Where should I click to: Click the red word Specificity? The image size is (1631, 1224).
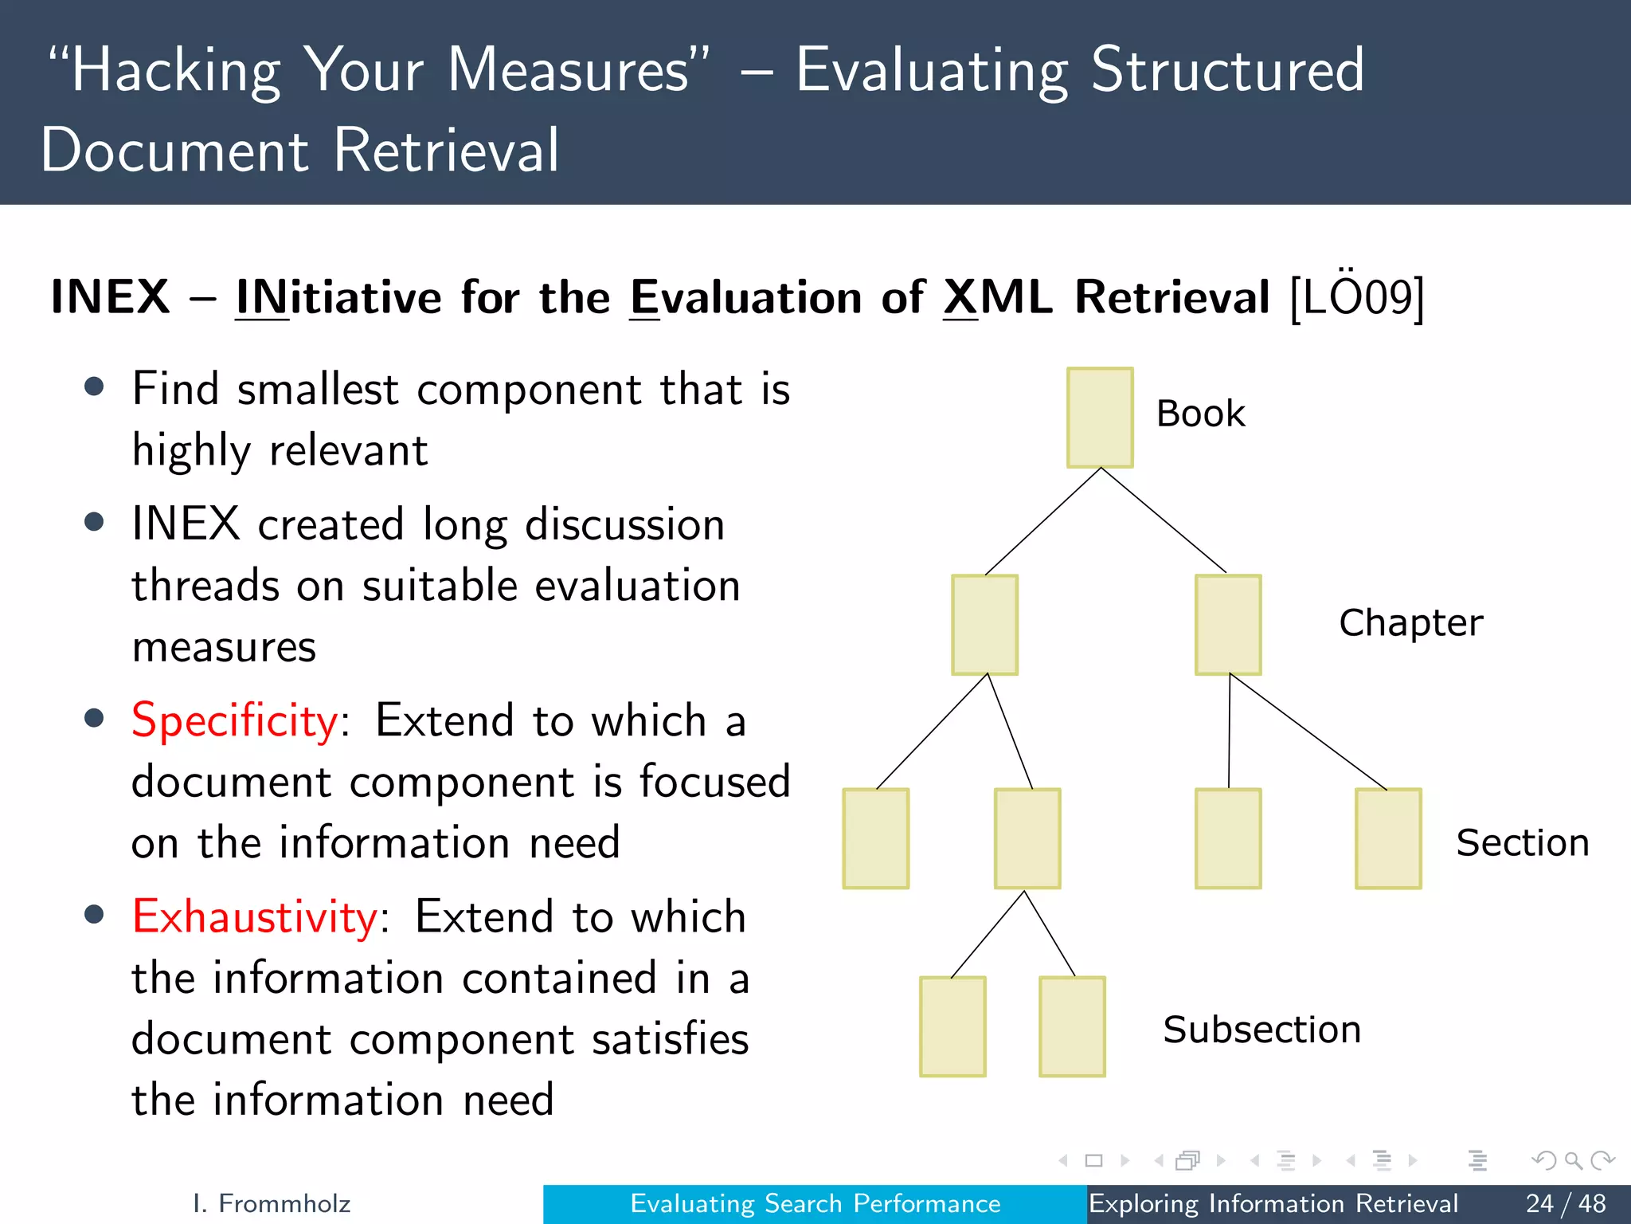pyautogui.click(x=235, y=721)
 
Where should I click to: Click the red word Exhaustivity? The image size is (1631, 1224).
pyautogui.click(x=254, y=917)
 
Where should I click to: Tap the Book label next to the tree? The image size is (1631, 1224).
pyautogui.click(x=1200, y=414)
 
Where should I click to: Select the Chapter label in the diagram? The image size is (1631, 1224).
pyautogui.click(x=1410, y=623)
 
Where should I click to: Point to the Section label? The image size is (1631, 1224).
pyautogui.click(x=1522, y=843)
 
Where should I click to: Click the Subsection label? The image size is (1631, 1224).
pyautogui.click(x=1261, y=1030)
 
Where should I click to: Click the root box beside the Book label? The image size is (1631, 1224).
pyautogui.click(x=1100, y=418)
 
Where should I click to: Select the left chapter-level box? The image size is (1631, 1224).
pyautogui.click(x=984, y=625)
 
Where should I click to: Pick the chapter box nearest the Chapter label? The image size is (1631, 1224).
pyautogui.click(x=1227, y=625)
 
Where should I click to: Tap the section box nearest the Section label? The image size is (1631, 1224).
pyautogui.click(x=1387, y=838)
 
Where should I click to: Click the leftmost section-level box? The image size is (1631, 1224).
pyautogui.click(x=875, y=838)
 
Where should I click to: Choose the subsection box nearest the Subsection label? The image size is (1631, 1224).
pyautogui.click(x=1072, y=1026)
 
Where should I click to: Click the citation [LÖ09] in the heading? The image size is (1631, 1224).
pyautogui.click(x=1356, y=298)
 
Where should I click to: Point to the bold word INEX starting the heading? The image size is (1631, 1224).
pyautogui.click(x=110, y=298)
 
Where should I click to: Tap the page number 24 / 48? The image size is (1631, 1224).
pyautogui.click(x=1566, y=1203)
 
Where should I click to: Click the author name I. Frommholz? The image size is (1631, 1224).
pyautogui.click(x=272, y=1203)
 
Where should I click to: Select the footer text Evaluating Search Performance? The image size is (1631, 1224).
pyautogui.click(x=815, y=1203)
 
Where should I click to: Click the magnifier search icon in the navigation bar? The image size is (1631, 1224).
pyautogui.click(x=1572, y=1160)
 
